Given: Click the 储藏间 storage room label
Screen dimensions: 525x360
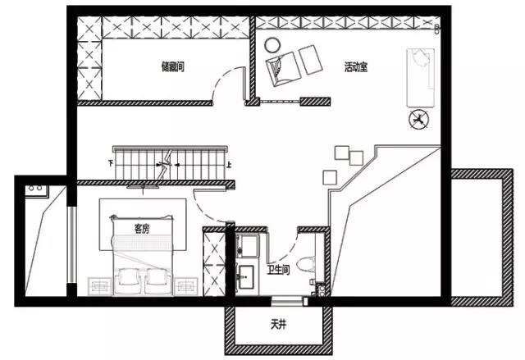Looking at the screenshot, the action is (x=173, y=66).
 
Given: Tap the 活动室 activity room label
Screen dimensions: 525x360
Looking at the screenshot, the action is (x=356, y=67).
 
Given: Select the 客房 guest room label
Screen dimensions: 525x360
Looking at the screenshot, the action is (x=142, y=229).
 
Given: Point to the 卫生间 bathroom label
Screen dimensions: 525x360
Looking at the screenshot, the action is (x=278, y=270).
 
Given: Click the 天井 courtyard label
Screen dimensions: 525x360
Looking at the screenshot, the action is (x=279, y=325).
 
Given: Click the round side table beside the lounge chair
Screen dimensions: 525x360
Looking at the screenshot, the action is (x=272, y=45).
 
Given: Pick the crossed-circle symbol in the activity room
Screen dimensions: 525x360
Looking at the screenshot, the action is (x=418, y=119).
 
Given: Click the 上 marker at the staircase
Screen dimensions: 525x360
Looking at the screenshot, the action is (x=229, y=165).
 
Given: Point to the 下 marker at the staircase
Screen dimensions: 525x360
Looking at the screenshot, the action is (x=111, y=163).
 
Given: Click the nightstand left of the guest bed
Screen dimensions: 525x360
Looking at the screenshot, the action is (x=100, y=286).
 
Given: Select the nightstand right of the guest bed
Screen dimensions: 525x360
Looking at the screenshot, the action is (x=186, y=286).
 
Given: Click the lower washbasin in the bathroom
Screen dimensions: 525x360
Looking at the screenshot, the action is (x=246, y=276).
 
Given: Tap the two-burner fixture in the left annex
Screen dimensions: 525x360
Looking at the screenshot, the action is (x=36, y=189).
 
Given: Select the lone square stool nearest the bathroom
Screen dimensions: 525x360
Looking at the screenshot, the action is (x=330, y=177).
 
